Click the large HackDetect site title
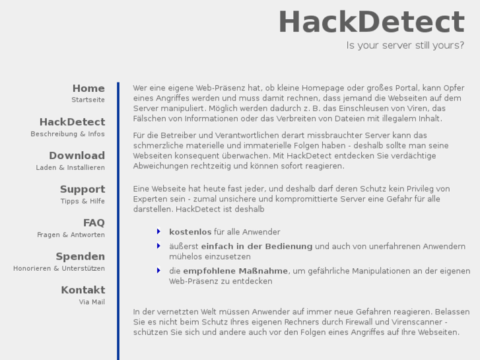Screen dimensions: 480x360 click(371, 22)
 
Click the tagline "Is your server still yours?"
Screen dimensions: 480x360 click(405, 46)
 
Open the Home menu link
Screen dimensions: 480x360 click(88, 89)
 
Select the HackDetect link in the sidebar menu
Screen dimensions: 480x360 click(72, 122)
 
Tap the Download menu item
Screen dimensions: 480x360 click(77, 156)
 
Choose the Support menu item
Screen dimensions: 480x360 click(83, 190)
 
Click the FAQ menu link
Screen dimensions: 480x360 click(94, 223)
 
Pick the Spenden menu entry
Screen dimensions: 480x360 click(80, 257)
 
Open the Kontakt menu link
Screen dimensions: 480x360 click(83, 291)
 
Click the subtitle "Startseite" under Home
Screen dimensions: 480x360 click(88, 100)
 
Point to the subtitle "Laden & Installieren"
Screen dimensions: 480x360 click(70, 168)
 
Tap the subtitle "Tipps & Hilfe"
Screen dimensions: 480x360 click(83, 201)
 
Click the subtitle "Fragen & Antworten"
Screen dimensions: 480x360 click(71, 235)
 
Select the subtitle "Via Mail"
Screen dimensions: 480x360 click(92, 303)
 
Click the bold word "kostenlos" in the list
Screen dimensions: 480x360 click(190, 232)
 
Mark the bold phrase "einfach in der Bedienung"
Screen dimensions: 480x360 click(256, 246)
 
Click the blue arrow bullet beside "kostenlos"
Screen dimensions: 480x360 click(158, 231)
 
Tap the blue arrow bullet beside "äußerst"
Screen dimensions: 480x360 click(158, 246)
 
